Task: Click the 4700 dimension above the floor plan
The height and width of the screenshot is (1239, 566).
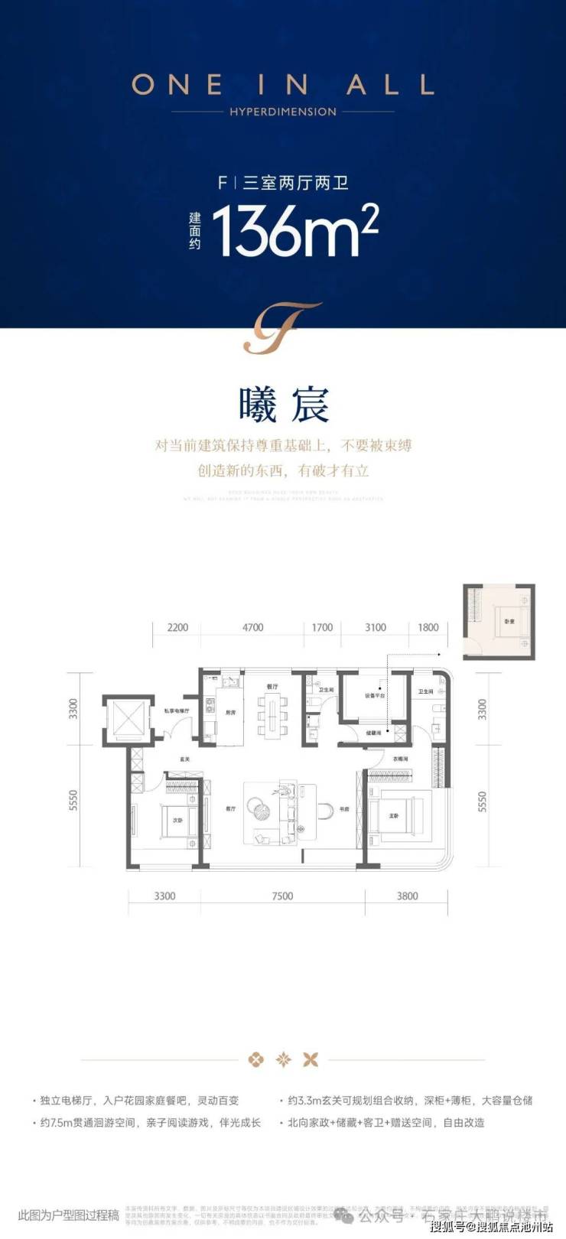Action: tap(252, 627)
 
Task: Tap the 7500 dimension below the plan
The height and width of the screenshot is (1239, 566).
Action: tap(282, 896)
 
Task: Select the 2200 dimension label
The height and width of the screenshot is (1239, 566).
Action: tap(177, 627)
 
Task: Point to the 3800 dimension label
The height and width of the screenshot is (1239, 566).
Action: tap(407, 896)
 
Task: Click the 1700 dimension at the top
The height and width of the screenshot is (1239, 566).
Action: tap(322, 627)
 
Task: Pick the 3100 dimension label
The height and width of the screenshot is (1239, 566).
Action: tap(376, 627)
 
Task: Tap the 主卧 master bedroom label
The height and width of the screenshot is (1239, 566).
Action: tap(394, 816)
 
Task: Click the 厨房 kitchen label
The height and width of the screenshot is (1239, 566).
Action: tap(231, 712)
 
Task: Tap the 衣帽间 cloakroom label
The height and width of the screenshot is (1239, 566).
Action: tap(400, 759)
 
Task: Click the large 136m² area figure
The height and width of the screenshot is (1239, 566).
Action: tap(294, 230)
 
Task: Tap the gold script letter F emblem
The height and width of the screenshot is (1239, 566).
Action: tap(282, 328)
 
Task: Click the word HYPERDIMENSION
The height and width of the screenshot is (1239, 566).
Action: tap(283, 112)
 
